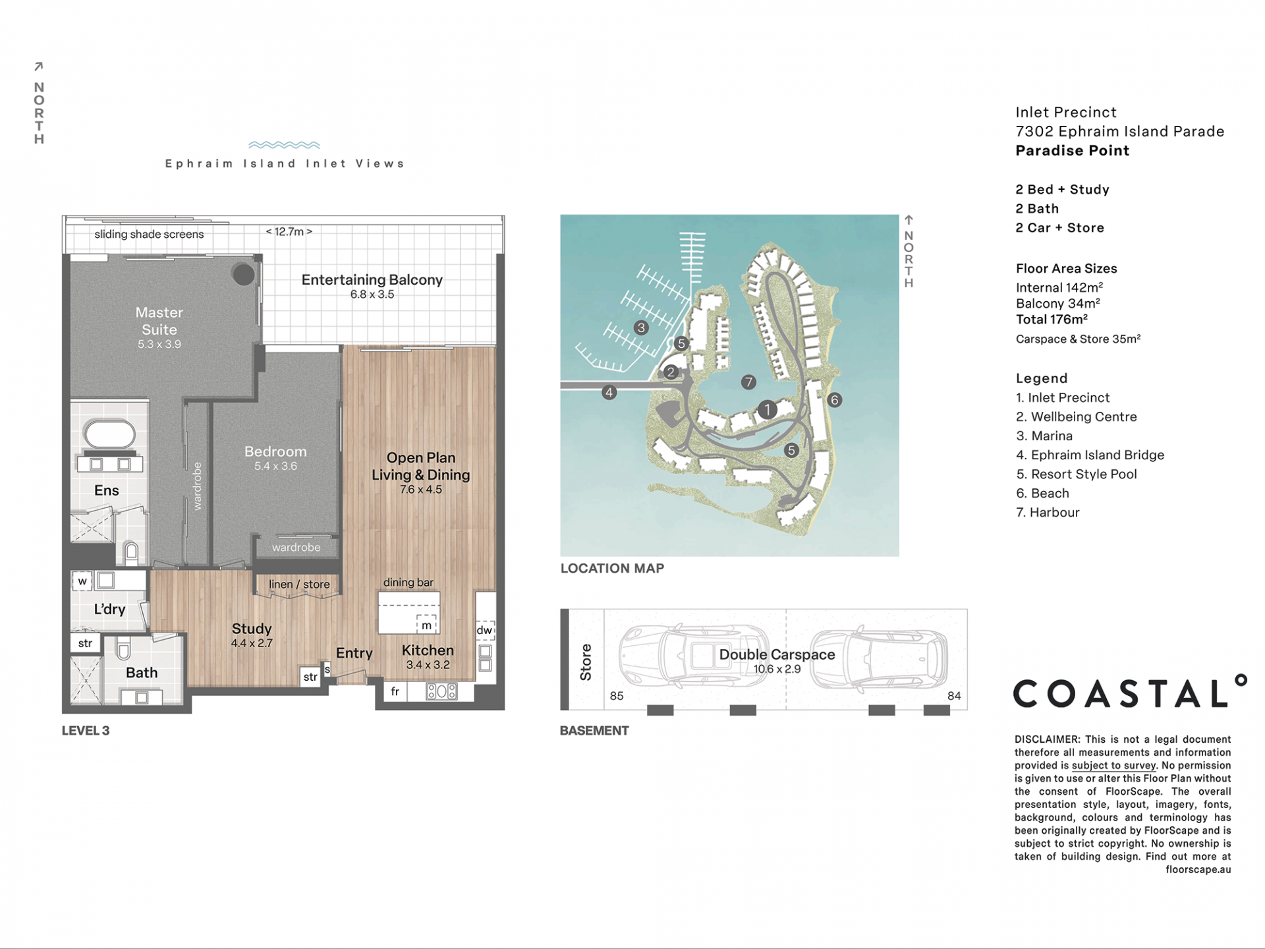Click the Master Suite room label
point(159,321)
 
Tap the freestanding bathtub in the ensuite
point(110,434)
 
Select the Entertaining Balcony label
point(372,280)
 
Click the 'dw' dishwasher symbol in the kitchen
point(485,629)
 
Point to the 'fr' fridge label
point(395,691)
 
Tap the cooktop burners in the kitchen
point(441,691)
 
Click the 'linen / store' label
point(299,585)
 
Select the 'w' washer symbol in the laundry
point(82,581)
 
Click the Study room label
point(252,629)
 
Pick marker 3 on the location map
point(641,328)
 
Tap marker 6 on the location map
point(835,400)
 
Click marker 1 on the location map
point(767,410)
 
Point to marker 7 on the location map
point(748,382)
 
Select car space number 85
point(617,696)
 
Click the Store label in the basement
point(586,662)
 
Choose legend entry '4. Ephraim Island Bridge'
point(1090,455)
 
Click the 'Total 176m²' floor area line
point(1052,320)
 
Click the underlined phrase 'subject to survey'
point(1114,766)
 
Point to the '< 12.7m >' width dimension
point(289,231)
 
